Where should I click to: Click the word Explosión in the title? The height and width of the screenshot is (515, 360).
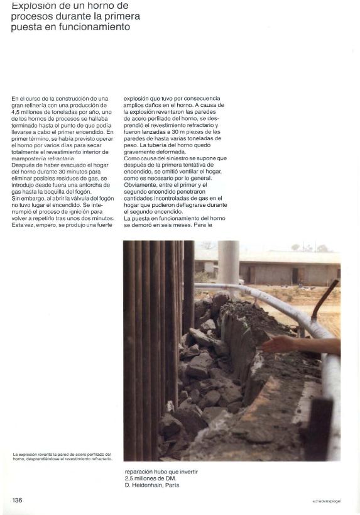click(31, 5)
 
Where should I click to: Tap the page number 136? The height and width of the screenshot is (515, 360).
click(18, 500)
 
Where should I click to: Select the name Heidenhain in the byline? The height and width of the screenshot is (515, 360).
click(150, 485)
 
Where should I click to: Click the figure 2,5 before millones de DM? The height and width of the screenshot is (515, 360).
click(129, 479)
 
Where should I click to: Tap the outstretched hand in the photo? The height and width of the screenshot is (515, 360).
click(276, 344)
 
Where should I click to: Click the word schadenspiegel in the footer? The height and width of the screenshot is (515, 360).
click(326, 501)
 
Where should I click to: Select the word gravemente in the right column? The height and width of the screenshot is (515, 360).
click(140, 152)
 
